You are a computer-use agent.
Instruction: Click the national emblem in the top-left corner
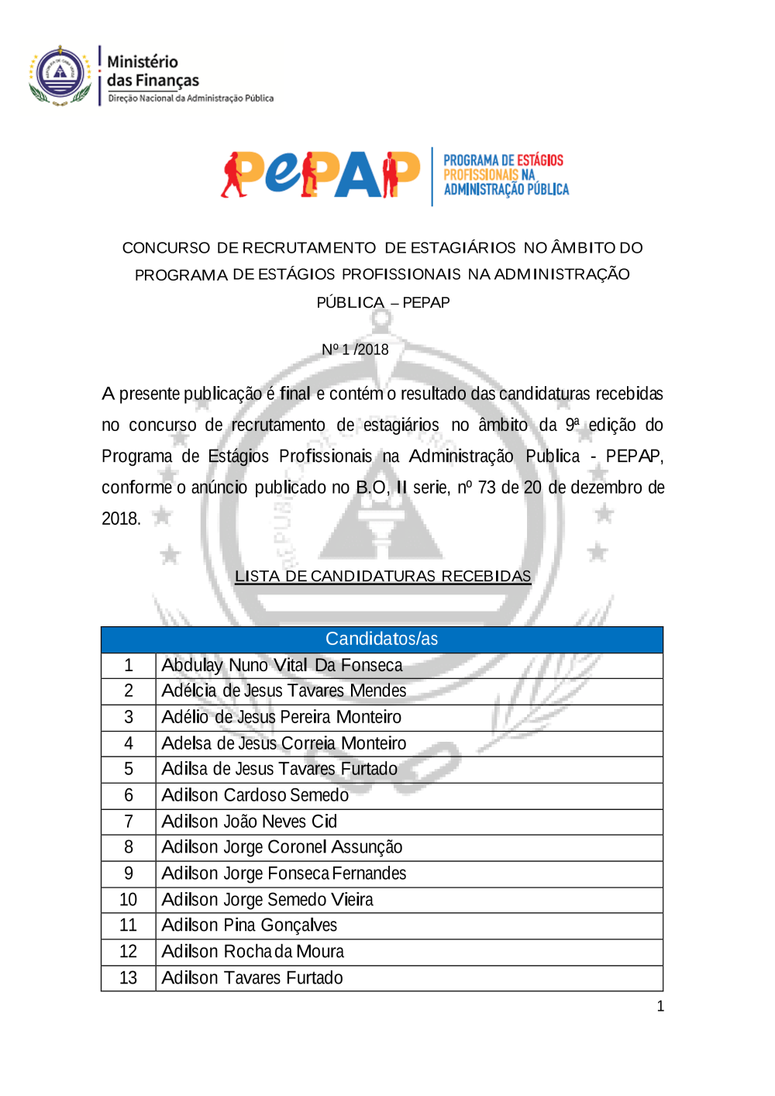click(x=60, y=75)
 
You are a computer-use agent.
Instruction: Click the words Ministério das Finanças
click(x=153, y=71)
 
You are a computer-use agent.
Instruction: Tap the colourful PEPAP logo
click(x=320, y=174)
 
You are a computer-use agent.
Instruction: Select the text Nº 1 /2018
click(x=355, y=350)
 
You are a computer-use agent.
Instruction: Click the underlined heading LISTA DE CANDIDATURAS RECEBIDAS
click(x=383, y=576)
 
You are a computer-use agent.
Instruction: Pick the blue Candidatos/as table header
click(x=381, y=639)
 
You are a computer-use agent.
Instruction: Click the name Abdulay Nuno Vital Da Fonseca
click(x=282, y=665)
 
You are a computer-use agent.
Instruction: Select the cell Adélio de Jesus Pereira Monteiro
click(x=281, y=717)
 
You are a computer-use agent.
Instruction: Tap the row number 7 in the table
click(x=129, y=822)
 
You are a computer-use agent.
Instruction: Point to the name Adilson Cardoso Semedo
click(x=255, y=795)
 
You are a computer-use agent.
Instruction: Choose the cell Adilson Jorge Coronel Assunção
click(x=282, y=847)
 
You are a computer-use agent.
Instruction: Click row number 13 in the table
click(x=129, y=978)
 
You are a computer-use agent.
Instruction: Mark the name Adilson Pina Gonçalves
click(x=250, y=925)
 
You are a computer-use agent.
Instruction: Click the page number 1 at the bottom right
click(x=660, y=1006)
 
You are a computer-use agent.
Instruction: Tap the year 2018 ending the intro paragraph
click(x=121, y=519)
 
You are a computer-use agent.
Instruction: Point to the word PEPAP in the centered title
click(x=425, y=302)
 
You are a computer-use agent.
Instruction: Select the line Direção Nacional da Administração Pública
click(x=191, y=98)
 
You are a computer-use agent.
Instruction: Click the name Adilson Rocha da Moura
click(x=253, y=952)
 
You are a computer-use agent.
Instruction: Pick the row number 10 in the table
click(x=129, y=900)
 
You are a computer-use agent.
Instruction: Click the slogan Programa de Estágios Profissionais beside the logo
click(x=505, y=175)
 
